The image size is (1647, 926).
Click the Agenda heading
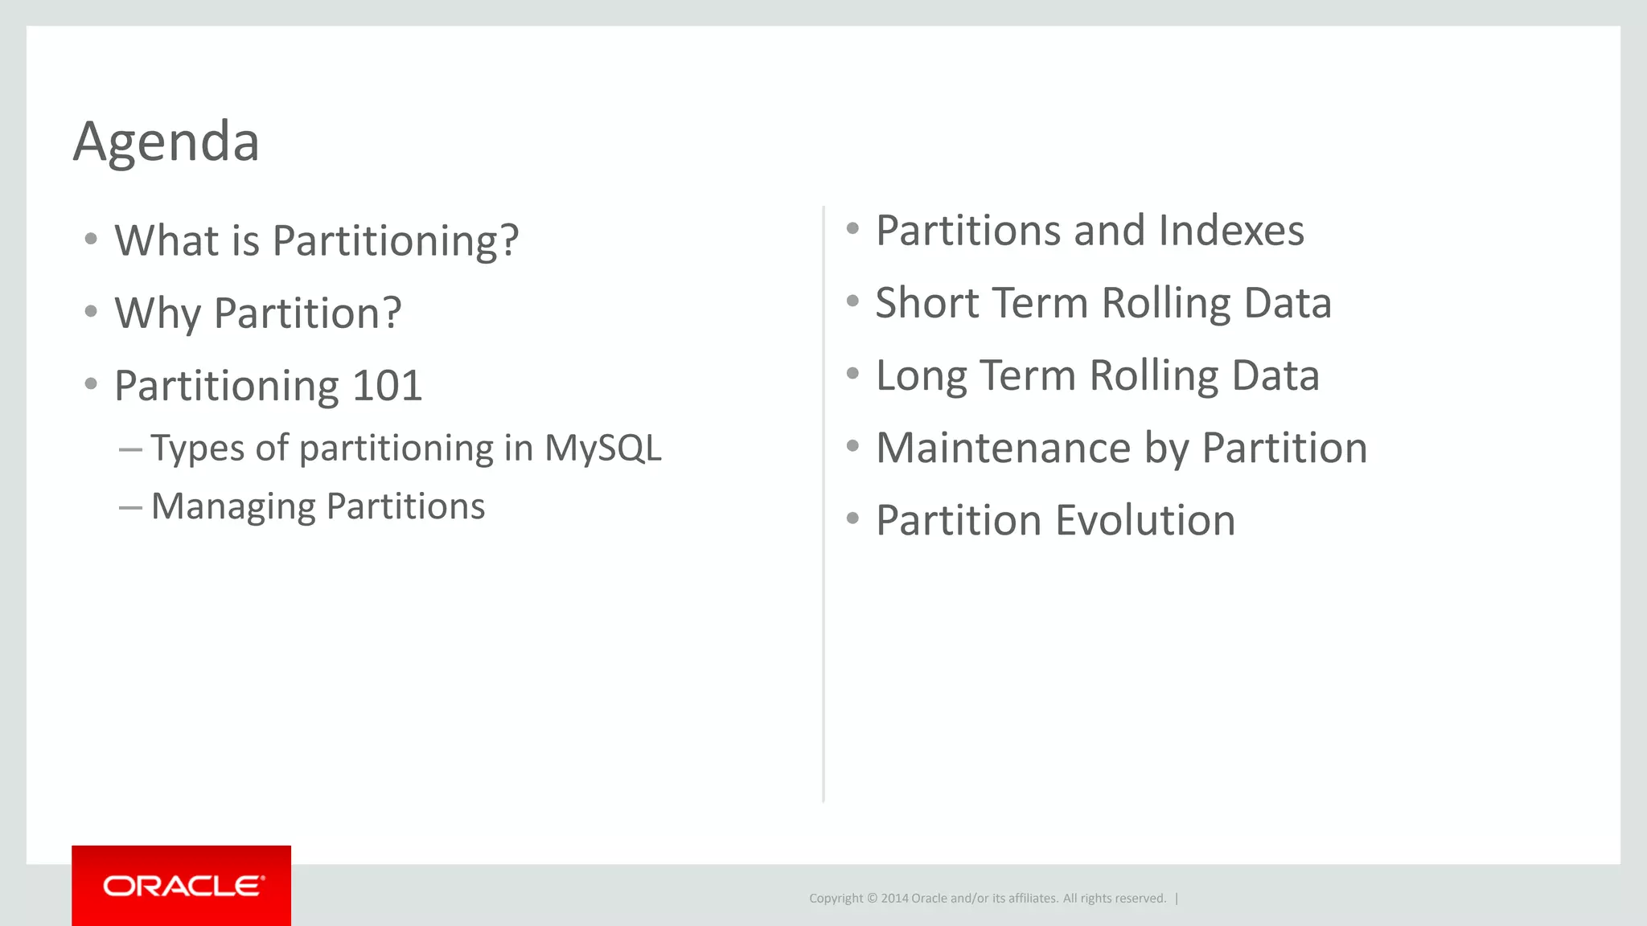tap(166, 142)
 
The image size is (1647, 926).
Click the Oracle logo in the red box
tap(183, 886)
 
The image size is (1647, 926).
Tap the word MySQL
tap(602, 448)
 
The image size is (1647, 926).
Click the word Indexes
tap(1231, 231)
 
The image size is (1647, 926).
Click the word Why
tap(157, 313)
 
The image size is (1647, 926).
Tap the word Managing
tap(233, 507)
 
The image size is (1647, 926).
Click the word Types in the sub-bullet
tap(198, 449)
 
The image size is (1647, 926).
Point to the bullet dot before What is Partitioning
tap(91, 239)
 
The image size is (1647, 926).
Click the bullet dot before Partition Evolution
tap(852, 518)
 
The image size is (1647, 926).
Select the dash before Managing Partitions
tap(130, 507)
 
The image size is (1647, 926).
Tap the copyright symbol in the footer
tap(872, 899)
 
